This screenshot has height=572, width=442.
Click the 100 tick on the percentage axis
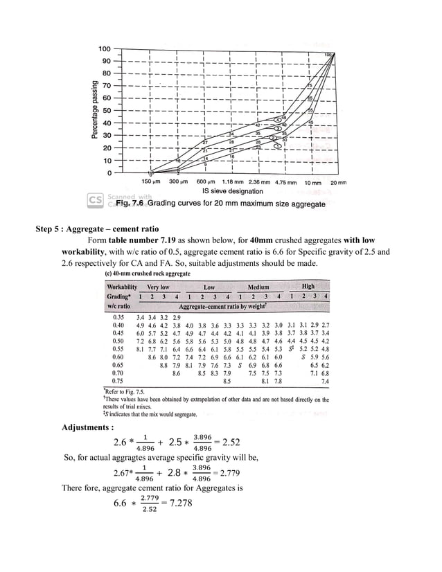coord(104,49)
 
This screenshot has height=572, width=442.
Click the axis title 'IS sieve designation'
coord(232,191)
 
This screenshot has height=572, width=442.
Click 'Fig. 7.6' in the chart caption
coord(130,204)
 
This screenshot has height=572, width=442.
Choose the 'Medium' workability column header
coord(258,287)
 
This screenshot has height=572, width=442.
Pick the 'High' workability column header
coord(308,286)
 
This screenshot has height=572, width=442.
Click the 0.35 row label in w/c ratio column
coord(117,316)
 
